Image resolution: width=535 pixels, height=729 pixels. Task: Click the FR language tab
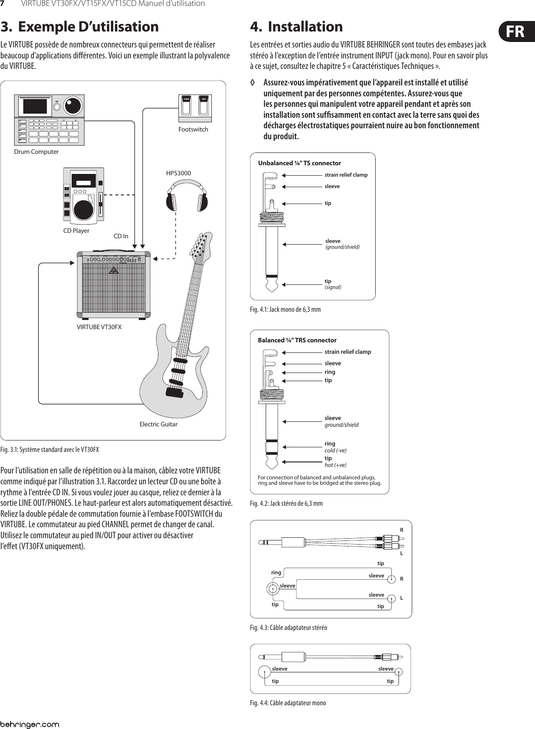point(514,32)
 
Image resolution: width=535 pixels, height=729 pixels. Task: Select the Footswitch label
point(193,129)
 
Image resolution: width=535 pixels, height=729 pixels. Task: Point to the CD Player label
point(76,231)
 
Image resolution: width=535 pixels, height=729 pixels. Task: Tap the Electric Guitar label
point(158,424)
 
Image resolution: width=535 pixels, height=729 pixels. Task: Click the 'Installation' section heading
point(305,26)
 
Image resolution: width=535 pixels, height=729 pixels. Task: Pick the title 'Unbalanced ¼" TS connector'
point(299,163)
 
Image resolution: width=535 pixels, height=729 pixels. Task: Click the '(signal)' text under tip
point(333,287)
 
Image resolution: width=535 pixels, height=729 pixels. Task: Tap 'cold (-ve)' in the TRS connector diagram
point(336,450)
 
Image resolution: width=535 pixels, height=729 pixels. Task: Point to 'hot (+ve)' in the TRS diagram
point(336,465)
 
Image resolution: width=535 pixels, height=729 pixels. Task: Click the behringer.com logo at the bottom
point(30,724)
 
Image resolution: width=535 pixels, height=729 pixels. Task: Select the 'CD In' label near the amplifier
point(121,236)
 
